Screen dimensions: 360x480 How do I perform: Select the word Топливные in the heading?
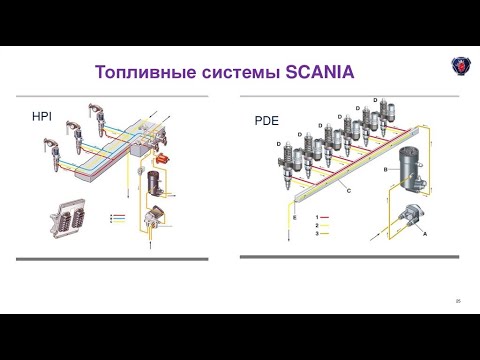[x=140, y=72]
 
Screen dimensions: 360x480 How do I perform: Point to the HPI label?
[x=42, y=118]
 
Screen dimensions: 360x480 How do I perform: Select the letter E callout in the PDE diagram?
[x=295, y=217]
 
